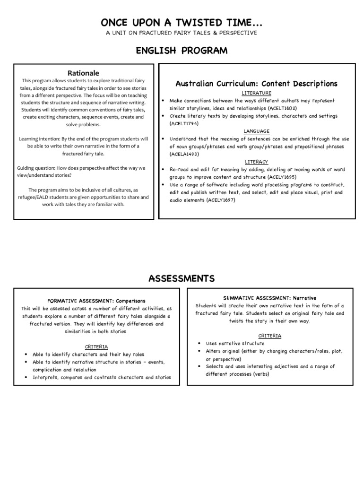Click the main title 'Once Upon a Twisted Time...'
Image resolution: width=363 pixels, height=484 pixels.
click(x=181, y=23)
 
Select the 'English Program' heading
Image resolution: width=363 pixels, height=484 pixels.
click(x=181, y=51)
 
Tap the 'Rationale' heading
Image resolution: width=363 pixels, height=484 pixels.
click(x=83, y=73)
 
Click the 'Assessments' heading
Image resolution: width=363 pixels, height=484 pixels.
click(x=181, y=278)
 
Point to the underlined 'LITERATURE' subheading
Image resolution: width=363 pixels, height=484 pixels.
click(x=256, y=93)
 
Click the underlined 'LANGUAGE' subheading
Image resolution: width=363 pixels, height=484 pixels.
click(x=256, y=131)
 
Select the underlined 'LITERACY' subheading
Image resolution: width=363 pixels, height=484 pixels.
click(x=256, y=162)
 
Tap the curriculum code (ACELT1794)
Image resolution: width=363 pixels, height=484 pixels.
click(x=184, y=123)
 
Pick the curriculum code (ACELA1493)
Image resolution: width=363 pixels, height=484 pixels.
click(x=185, y=154)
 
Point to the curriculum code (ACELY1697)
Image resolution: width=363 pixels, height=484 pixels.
click(x=218, y=200)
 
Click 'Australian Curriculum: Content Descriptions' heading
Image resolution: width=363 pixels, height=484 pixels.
click(x=256, y=84)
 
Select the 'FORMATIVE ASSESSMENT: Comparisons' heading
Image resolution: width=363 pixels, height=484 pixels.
click(x=96, y=301)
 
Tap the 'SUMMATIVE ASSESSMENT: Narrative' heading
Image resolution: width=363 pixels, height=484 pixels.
click(x=269, y=298)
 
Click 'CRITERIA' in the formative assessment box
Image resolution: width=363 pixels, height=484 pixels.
click(x=96, y=346)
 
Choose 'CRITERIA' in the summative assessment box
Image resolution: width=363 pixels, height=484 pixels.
click(x=269, y=336)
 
